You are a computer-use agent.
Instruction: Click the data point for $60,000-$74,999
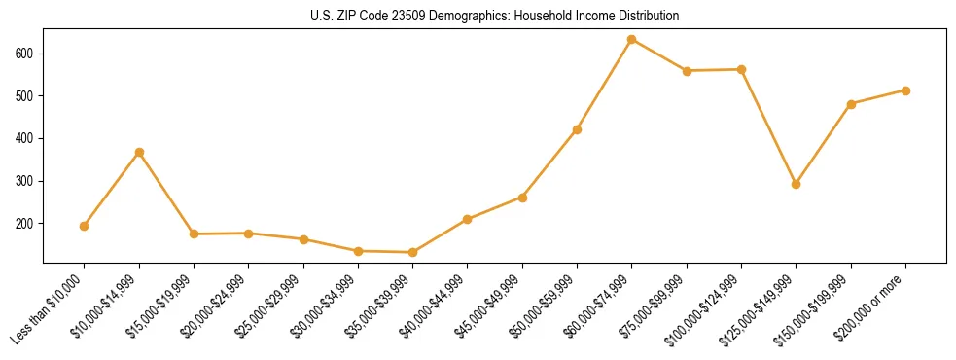coord(632,40)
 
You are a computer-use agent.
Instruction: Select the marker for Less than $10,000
coord(85,226)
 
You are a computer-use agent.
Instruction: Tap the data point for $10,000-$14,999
coord(139,152)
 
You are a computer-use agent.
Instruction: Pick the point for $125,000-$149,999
coord(797,184)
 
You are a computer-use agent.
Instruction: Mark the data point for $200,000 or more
coord(905,90)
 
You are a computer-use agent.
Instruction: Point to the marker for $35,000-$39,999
coord(413,252)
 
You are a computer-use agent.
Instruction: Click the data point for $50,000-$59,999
coord(578,129)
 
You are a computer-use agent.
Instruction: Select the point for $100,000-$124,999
coord(742,69)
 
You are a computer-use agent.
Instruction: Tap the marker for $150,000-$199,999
coord(851,104)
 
